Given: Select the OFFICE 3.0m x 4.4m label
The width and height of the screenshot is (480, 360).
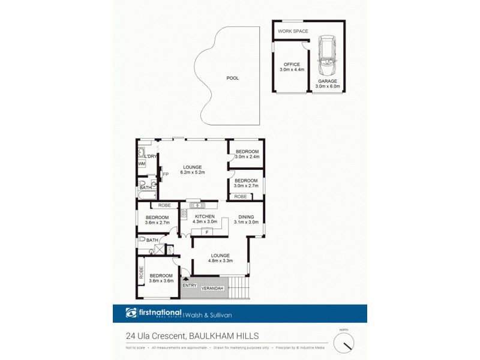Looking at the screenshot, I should pyautogui.click(x=292, y=67).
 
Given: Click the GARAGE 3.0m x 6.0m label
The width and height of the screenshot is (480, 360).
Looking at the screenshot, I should pyautogui.click(x=328, y=83).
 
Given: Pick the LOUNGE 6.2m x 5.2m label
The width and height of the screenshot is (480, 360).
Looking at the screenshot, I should pyautogui.click(x=192, y=169).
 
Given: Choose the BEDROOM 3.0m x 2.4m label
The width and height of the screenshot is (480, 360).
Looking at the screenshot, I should pyautogui.click(x=247, y=154).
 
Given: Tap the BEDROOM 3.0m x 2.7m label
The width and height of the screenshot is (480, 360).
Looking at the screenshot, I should pyautogui.click(x=246, y=183).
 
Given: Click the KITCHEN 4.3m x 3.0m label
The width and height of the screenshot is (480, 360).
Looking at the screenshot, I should pyautogui.click(x=205, y=218).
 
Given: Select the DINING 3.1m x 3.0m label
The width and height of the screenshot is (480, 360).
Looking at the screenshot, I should pyautogui.click(x=247, y=220).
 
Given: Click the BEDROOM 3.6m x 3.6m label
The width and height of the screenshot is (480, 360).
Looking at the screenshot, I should pyautogui.click(x=161, y=279).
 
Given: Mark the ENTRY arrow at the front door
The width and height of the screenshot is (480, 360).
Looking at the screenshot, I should pyautogui.click(x=185, y=278).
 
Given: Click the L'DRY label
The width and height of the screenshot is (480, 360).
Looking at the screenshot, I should pyautogui.click(x=150, y=157).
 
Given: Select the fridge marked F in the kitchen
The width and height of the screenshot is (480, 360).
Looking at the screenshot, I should pyautogui.click(x=206, y=231).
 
